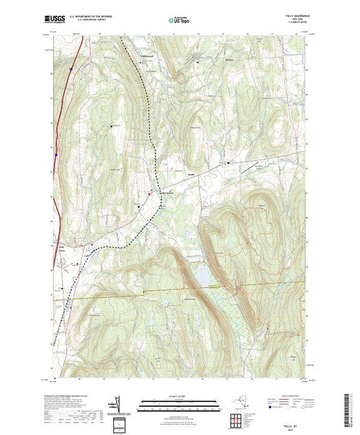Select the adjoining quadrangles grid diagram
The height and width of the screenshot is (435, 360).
[240, 418]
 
